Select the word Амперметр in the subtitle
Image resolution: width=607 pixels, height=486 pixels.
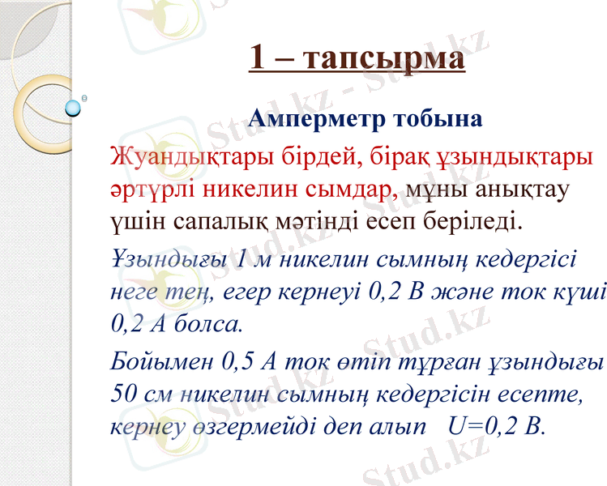pos(315,119)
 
